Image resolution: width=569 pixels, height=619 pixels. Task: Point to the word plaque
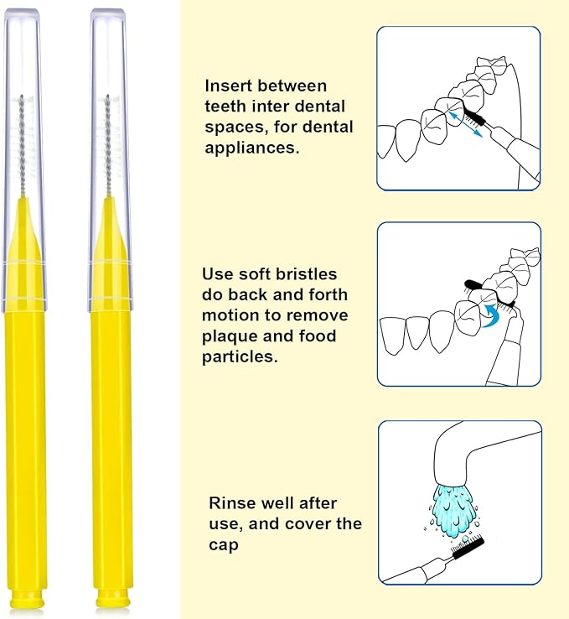coord(234,336)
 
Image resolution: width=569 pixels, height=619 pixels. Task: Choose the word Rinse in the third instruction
coord(230,503)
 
